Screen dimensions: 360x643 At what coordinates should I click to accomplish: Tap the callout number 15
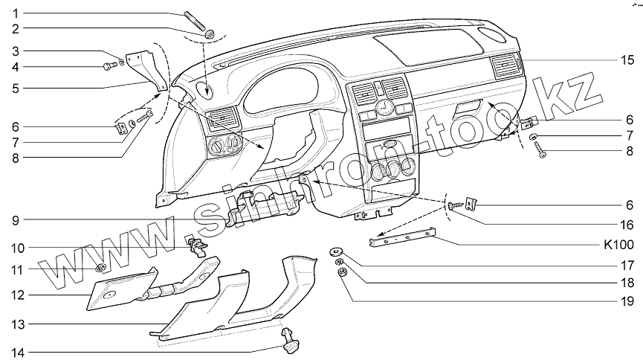pos(628,60)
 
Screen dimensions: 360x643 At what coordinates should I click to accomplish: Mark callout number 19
pos(628,301)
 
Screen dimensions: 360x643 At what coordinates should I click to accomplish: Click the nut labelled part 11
pos(101,268)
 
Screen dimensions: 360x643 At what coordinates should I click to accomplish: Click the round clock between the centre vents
pos(384,108)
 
